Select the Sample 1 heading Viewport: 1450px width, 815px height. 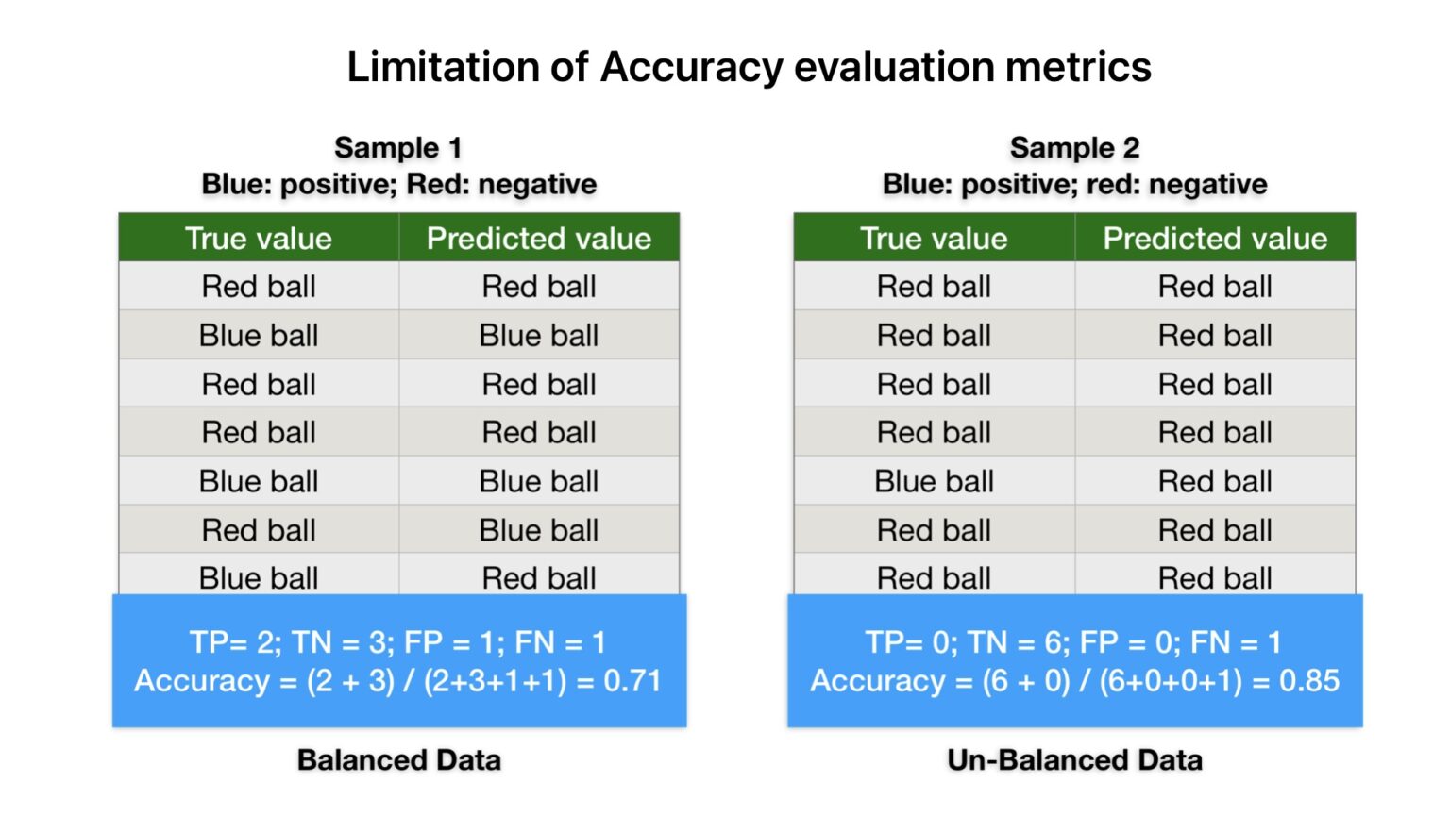coord(397,147)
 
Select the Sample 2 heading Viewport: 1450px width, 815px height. coord(1074,147)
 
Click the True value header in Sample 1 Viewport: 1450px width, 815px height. coord(258,238)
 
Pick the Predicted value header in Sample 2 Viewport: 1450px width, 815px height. coord(1215,238)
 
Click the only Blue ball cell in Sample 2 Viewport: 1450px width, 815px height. coord(934,481)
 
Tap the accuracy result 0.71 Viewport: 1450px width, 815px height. coord(632,681)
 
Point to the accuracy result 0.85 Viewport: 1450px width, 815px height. coord(1308,681)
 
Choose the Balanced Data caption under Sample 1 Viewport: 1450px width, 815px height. coord(398,760)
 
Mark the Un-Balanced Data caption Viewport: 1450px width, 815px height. coord(1074,760)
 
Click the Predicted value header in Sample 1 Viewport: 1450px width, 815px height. coord(538,238)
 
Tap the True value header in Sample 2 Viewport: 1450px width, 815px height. coord(934,238)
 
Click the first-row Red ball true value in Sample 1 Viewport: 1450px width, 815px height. coord(258,286)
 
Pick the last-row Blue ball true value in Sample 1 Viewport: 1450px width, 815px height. coord(258,577)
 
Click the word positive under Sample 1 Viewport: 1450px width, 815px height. coord(335,184)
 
